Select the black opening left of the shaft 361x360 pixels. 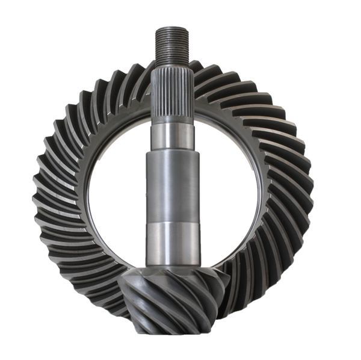point(114,181)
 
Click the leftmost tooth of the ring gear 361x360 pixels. point(37,181)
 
